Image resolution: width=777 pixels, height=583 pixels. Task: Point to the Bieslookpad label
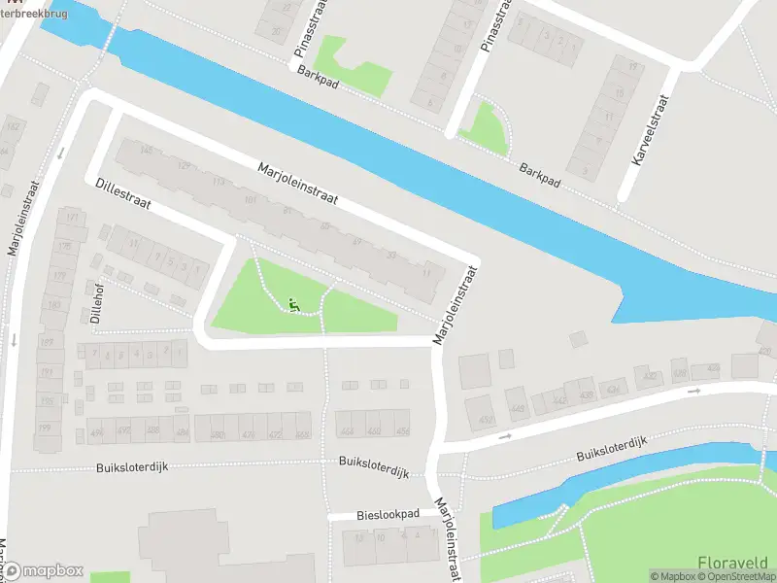[388, 513]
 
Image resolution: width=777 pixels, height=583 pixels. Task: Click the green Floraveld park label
[732, 562]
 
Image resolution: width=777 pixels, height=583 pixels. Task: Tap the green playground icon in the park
[293, 306]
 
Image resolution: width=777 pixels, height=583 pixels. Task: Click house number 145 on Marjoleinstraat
[147, 150]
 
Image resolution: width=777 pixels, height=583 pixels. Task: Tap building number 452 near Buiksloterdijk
[374, 431]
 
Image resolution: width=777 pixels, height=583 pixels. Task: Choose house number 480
[217, 434]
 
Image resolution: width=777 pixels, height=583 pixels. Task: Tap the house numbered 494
[96, 431]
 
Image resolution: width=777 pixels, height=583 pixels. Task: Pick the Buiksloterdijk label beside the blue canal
[612, 448]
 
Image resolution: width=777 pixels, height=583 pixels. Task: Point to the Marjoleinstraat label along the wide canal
[297, 183]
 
